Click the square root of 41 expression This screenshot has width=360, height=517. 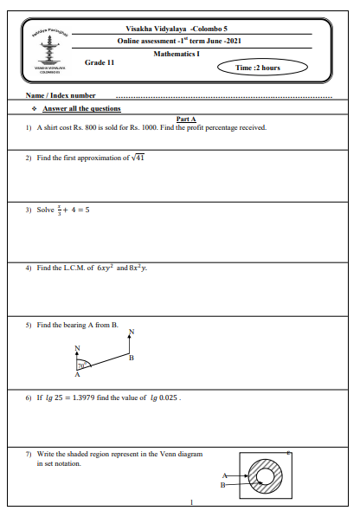[x=134, y=158]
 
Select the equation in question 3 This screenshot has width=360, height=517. [x=68, y=210]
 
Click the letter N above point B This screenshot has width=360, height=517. [x=131, y=332]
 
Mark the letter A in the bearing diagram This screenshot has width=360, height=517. [x=77, y=376]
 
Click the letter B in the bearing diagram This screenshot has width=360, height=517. [x=131, y=357]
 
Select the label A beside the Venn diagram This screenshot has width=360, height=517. [x=225, y=475]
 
